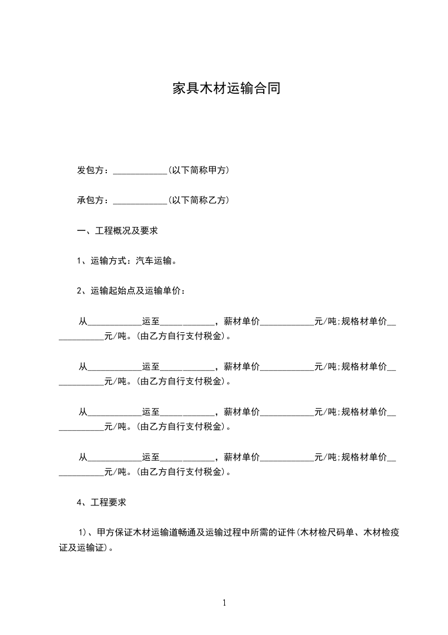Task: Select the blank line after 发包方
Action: tap(140, 171)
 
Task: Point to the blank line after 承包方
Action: tap(140, 201)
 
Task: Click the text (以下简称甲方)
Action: tap(198, 170)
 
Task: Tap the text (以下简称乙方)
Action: tap(198, 200)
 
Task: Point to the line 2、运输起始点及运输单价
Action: tap(131, 291)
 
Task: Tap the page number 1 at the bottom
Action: tap(224, 603)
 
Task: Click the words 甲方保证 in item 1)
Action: tap(115, 533)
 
